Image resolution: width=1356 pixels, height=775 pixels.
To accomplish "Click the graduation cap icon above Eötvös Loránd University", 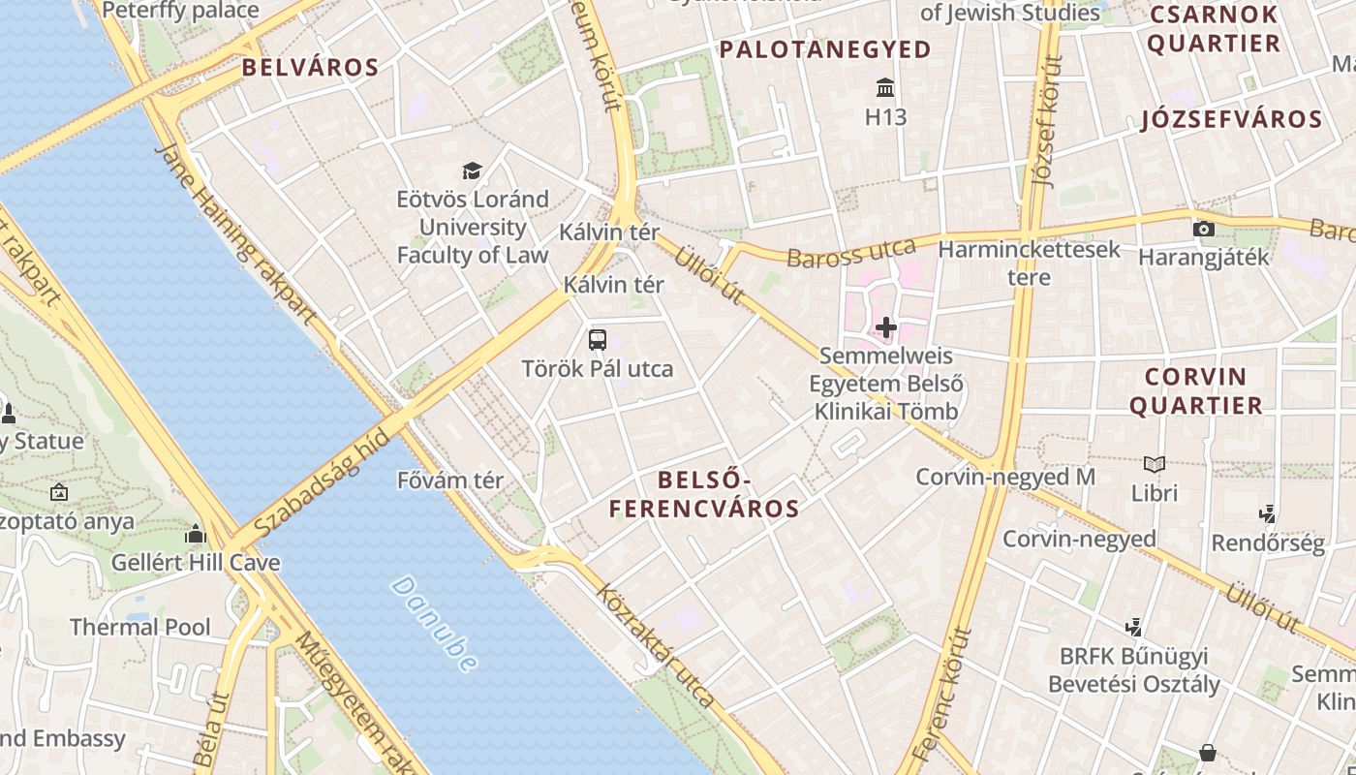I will coord(472,171).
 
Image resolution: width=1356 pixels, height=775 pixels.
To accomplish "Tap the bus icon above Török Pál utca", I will coord(598,340).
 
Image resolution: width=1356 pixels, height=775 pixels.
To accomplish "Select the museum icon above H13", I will coord(885,89).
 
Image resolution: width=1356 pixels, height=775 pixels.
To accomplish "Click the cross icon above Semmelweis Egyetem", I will coord(886,327).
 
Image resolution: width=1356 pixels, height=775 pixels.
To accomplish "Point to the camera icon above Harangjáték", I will coord(1204,230).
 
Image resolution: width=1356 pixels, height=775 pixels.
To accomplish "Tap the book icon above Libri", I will coord(1155,464).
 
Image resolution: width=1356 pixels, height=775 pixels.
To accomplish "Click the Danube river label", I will coord(436,624).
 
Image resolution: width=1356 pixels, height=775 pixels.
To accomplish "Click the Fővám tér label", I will coord(450,480).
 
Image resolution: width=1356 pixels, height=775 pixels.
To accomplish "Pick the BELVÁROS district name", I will coord(310,68).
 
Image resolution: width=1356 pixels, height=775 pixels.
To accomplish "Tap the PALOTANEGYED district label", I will coord(825,49).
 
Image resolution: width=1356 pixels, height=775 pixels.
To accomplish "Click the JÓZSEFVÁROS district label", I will coord(1232,120).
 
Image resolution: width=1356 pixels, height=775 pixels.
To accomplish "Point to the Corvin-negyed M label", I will coord(1005,477).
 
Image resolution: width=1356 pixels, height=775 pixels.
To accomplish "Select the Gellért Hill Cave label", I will coord(196,563).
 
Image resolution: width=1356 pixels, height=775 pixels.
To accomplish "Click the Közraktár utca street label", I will coord(656,644).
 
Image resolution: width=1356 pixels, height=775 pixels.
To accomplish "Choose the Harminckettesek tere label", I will coord(1029,263).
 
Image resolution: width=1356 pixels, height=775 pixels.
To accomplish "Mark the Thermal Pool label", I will coord(139,627).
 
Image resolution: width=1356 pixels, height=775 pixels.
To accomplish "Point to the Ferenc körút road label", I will coord(941,693).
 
